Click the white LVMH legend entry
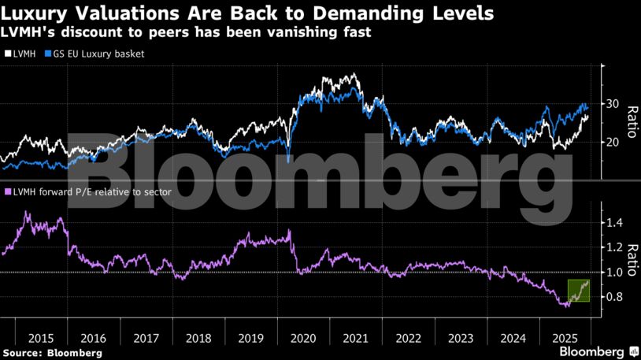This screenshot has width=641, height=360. pos(23,54)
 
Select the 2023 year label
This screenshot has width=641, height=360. pos(460,338)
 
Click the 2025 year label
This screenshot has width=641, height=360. pos(565,338)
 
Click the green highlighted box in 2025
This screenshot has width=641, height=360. pos(579,290)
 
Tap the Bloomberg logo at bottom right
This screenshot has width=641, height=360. pos(592,351)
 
